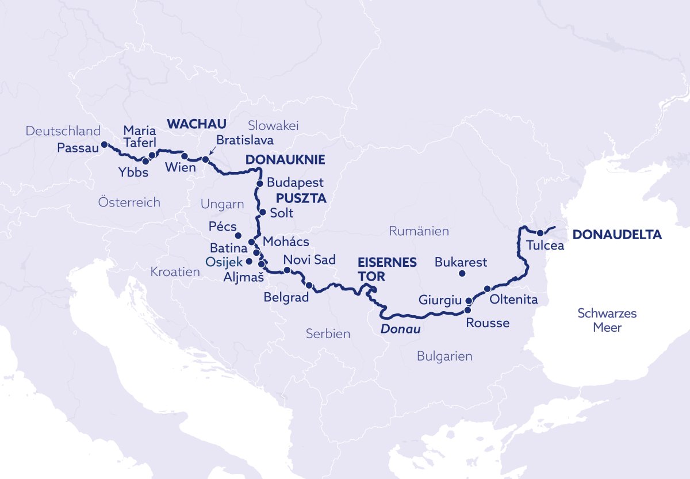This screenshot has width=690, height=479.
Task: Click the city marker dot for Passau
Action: (x=104, y=144)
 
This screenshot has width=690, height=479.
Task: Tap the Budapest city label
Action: (x=295, y=183)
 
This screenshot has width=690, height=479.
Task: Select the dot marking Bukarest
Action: (x=462, y=274)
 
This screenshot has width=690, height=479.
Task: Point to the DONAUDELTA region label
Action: (x=617, y=235)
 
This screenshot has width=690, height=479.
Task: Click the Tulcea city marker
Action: (x=540, y=233)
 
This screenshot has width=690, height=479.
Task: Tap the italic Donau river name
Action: (x=400, y=330)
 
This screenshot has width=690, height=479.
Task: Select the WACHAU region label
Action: (x=196, y=123)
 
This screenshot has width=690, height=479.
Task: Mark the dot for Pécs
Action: (x=238, y=236)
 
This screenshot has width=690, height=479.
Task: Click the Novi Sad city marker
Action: (x=287, y=270)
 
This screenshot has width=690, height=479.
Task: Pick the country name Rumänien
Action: (x=419, y=231)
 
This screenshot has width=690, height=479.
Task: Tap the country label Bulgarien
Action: (x=444, y=357)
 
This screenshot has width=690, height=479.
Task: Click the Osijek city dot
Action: (x=248, y=261)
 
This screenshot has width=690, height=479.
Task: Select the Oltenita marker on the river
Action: (x=487, y=289)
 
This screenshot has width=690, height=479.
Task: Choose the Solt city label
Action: (x=281, y=213)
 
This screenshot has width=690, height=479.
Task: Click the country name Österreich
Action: (x=129, y=202)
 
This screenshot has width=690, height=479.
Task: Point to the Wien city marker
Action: (x=185, y=156)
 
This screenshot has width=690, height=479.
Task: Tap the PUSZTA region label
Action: (x=301, y=198)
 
